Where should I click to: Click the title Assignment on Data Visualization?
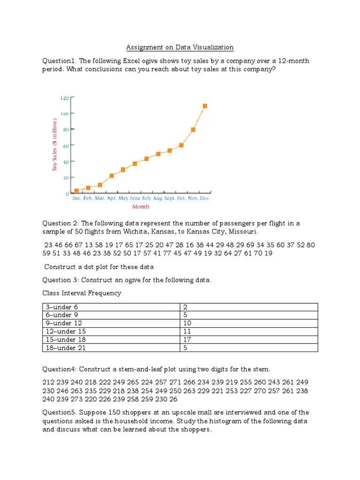point(180,47)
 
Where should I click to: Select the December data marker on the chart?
point(205,106)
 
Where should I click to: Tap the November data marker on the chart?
point(193,129)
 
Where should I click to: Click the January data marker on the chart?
point(76,191)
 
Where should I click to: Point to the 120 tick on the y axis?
point(65,98)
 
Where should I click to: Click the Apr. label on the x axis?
point(112,198)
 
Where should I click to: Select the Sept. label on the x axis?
point(170,198)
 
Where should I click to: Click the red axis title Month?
point(141,206)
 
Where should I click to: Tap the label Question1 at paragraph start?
point(60,61)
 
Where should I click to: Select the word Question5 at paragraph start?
point(60,412)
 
